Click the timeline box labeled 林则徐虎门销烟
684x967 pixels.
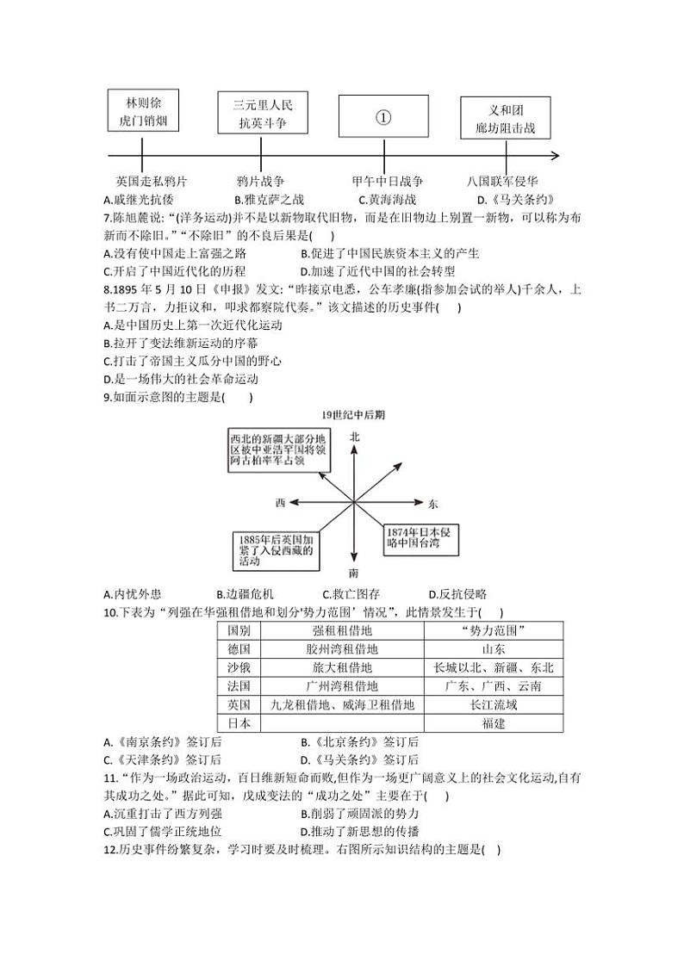point(144,111)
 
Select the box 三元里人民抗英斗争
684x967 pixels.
point(263,115)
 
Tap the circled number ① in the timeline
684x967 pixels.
point(383,118)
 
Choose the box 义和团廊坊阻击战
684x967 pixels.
point(505,119)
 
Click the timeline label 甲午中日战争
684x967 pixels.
point(388,182)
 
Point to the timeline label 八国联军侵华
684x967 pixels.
point(503,182)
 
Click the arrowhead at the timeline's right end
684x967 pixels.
point(554,156)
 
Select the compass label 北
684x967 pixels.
point(354,437)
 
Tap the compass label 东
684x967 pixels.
point(432,503)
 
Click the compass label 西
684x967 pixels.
point(280,502)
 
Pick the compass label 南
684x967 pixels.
point(354,573)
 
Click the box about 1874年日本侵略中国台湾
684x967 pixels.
point(420,538)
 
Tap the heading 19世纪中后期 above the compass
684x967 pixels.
point(353,415)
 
